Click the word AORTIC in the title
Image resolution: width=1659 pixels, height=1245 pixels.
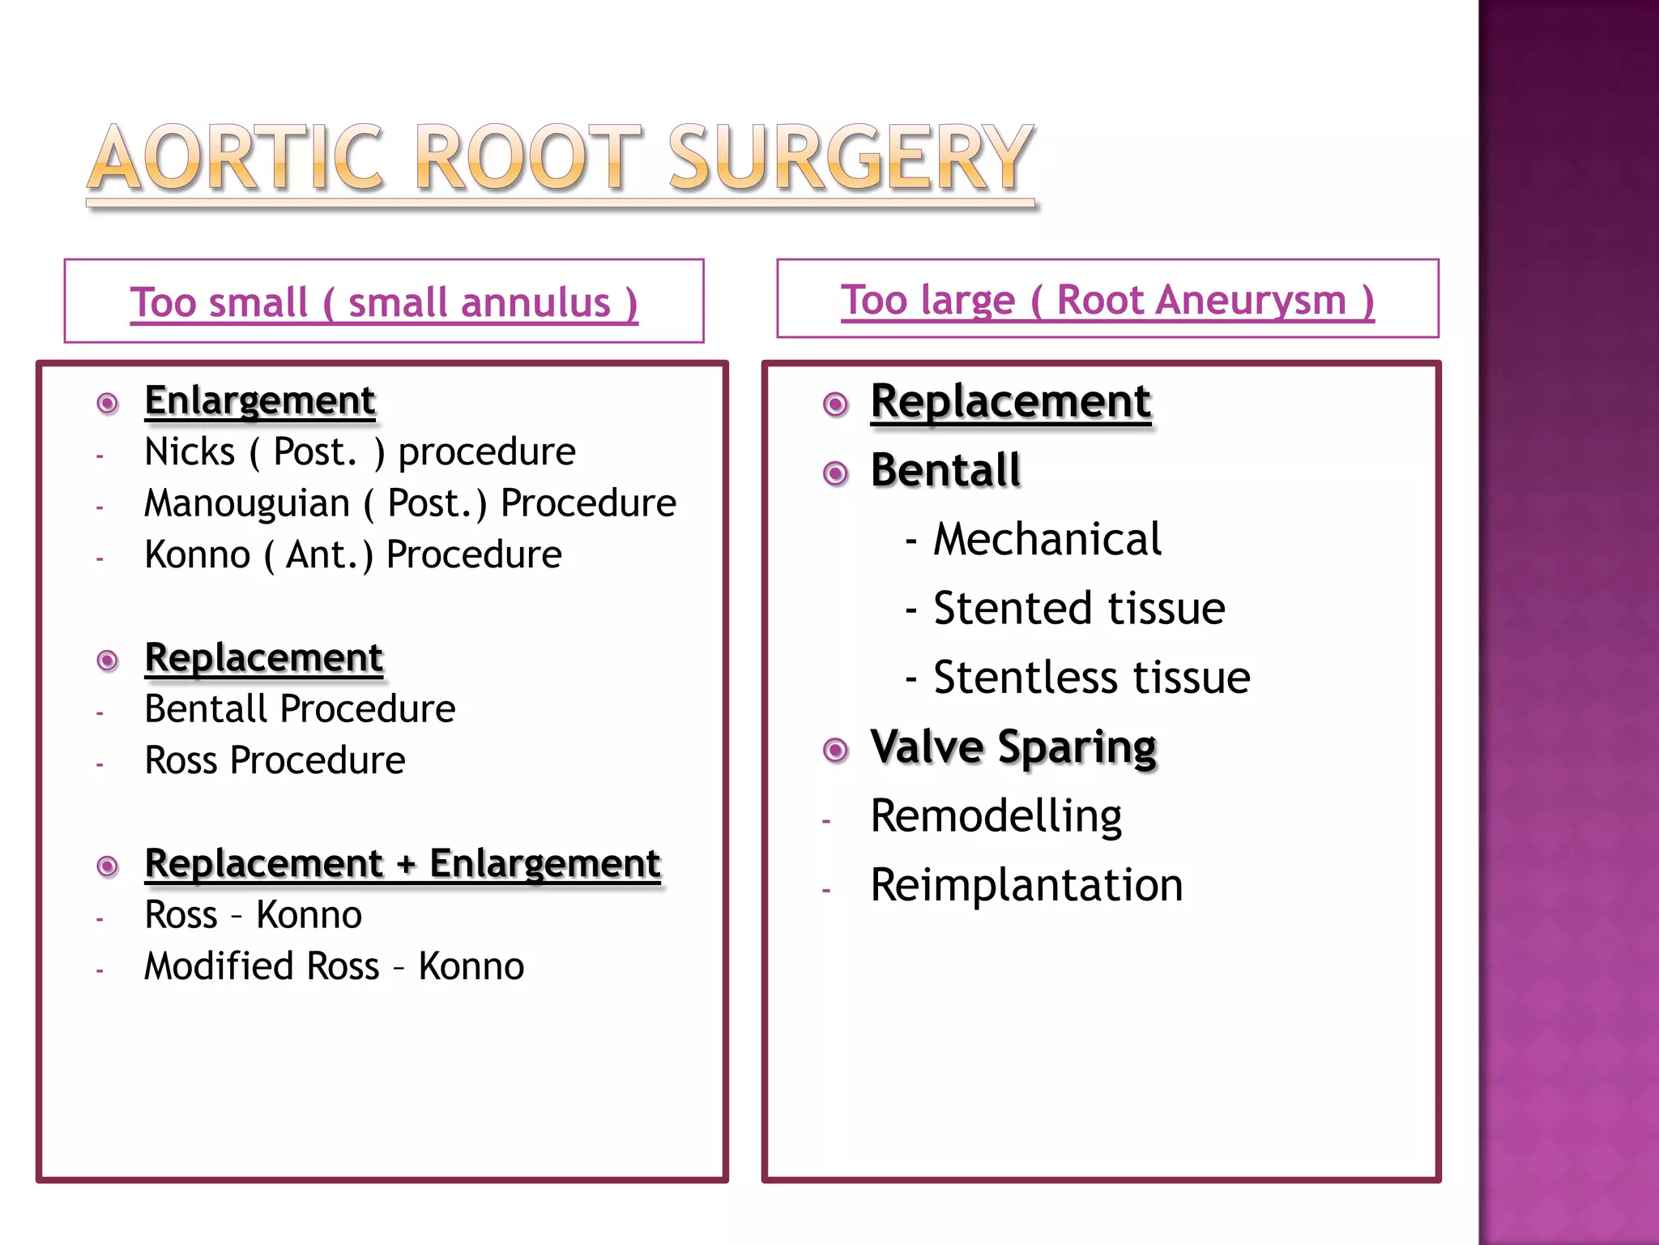coord(235,158)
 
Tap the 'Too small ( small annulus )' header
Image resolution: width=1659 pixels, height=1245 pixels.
coord(384,302)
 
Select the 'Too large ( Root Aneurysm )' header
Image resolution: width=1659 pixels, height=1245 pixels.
coord(1107,300)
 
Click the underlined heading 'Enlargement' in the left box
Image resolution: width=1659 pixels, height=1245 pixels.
coord(259,400)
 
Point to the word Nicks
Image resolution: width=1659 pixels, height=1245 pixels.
coord(190,451)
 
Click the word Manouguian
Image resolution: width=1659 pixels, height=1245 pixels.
coord(247,503)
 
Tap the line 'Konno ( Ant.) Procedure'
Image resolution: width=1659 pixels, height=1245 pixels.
coord(352,555)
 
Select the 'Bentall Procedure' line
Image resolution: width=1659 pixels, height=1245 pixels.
coord(300,709)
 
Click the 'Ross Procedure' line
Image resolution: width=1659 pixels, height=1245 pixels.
coord(275,760)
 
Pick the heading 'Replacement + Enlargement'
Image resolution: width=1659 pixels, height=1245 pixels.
coord(403,863)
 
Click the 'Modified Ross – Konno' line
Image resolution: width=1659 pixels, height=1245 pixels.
coord(334,966)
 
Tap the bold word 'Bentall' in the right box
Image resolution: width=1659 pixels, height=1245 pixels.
coord(945,470)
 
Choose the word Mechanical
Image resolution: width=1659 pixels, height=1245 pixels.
coord(1047,539)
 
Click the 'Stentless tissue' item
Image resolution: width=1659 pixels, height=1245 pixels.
coord(1091,678)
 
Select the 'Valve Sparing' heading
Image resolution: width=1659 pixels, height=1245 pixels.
coord(1013,747)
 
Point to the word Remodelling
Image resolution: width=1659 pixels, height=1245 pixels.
coord(996,815)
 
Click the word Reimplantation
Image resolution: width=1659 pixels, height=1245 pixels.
coord(1026,885)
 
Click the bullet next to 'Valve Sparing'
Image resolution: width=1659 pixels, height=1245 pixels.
coord(835,750)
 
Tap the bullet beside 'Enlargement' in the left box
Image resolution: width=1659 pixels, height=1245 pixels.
coord(108,403)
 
